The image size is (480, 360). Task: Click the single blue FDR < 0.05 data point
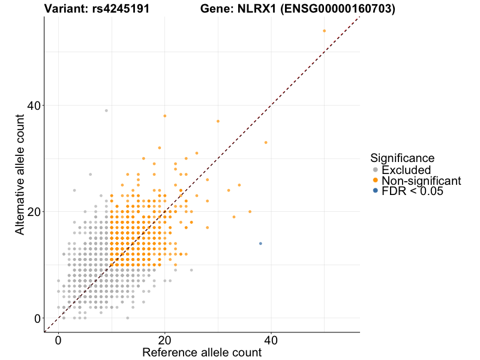point(260,244)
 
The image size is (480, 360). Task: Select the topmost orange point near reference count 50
point(324,31)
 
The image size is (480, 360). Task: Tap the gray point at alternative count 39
point(106,110)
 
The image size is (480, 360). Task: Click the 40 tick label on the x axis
point(271,340)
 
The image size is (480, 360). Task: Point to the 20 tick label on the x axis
point(164,340)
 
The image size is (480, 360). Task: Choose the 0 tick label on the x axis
point(58,340)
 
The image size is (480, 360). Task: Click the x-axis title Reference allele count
point(202,352)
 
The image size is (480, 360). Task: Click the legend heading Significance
point(402,158)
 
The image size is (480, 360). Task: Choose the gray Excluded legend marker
point(375,170)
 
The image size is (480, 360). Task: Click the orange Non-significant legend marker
point(375,181)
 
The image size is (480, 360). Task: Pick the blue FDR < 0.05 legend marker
point(375,191)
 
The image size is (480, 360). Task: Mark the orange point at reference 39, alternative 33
point(266,142)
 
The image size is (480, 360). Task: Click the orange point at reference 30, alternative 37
point(218,121)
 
